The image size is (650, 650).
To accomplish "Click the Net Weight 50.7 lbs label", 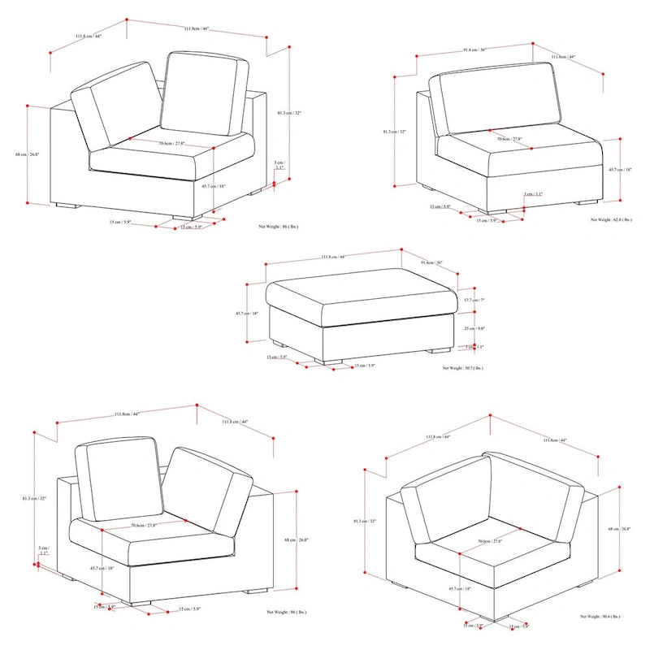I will click(x=463, y=368).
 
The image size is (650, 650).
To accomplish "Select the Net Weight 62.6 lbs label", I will click(x=611, y=220).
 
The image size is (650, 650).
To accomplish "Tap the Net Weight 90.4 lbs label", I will click(x=602, y=617).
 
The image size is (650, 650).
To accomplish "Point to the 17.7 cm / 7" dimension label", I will click(x=474, y=300).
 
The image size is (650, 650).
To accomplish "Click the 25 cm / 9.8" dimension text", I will click(x=474, y=329).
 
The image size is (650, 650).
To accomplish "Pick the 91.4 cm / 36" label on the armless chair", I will click(x=474, y=50).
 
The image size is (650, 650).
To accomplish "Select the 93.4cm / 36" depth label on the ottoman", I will click(x=432, y=262).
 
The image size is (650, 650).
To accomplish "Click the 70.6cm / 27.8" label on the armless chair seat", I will click(x=509, y=139).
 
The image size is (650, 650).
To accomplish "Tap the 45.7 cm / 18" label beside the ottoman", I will click(x=247, y=314).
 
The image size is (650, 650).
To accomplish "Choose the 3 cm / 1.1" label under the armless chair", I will click(x=533, y=194).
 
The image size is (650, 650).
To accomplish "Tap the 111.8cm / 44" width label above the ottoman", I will click(x=333, y=258).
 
